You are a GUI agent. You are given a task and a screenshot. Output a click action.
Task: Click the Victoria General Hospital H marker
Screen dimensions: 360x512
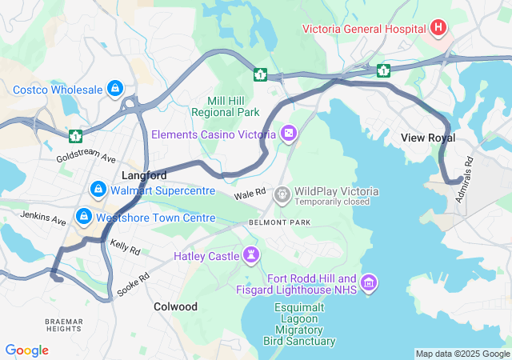pos(438,29)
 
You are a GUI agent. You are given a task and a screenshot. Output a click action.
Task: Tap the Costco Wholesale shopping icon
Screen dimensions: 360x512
pos(115,87)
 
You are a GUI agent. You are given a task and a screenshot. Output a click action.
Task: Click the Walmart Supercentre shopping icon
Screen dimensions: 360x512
pos(98,190)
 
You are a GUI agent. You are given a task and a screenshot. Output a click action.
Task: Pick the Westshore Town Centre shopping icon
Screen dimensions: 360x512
pos(84,217)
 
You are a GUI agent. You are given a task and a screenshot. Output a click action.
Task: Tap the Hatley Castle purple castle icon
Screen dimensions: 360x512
pos(253,255)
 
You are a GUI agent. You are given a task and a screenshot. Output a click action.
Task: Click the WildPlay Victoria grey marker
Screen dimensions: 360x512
pos(282,193)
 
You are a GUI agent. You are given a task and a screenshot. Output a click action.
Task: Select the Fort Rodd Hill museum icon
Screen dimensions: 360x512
pos(369,282)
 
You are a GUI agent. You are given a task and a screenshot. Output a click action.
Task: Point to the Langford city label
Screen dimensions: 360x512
pos(144,174)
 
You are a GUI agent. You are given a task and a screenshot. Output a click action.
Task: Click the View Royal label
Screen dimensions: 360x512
pos(428,138)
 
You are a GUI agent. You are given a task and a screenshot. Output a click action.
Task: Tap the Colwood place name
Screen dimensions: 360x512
pos(175,306)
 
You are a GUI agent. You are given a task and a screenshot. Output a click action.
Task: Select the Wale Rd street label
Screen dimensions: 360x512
pos(250,195)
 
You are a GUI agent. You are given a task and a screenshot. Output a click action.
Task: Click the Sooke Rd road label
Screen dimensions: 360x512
pos(133,284)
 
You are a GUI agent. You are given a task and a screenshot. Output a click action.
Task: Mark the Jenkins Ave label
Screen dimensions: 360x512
pos(43,217)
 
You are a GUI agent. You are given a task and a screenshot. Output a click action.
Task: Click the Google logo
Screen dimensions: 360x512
pos(27,350)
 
